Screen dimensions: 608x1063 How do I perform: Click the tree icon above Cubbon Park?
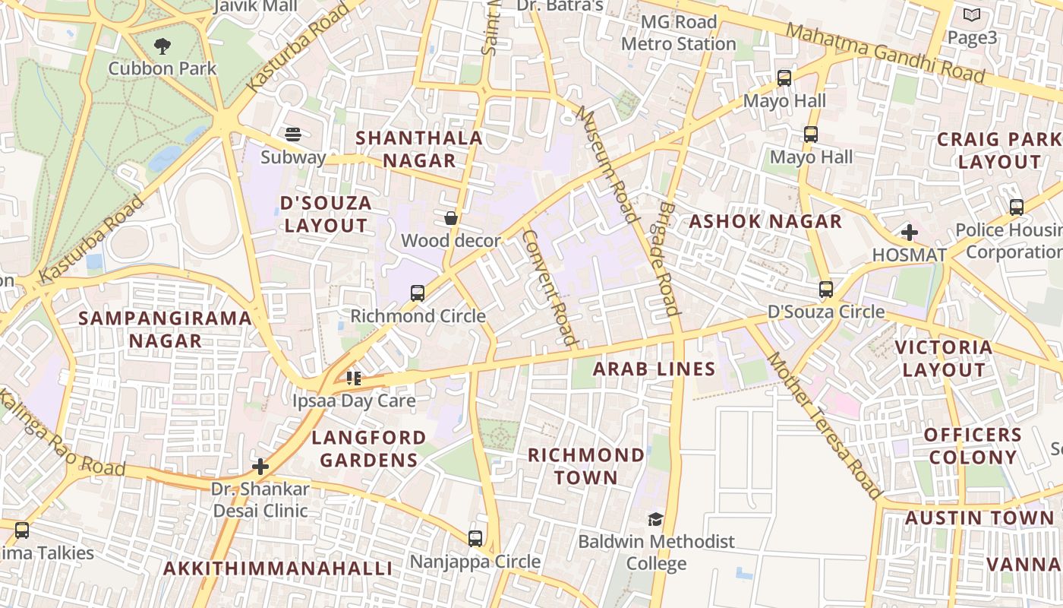point(162,46)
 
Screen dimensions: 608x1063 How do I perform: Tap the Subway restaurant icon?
point(293,135)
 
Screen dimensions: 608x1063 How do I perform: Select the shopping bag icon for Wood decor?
point(451,219)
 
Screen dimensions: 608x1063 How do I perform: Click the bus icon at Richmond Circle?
point(418,293)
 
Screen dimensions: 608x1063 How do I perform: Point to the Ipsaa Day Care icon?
point(353,378)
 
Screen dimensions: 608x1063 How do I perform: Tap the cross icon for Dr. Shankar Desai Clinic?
point(260,466)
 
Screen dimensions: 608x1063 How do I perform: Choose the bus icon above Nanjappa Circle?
point(475,539)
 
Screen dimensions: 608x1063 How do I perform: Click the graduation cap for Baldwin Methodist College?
point(655,519)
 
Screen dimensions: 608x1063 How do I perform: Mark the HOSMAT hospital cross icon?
point(909,233)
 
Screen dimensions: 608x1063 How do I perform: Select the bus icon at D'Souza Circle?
point(826,290)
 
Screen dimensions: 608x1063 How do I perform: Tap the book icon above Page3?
point(972,15)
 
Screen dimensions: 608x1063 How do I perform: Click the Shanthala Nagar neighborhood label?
point(419,149)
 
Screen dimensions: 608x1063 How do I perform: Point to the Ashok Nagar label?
point(765,222)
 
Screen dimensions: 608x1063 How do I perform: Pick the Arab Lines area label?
point(654,369)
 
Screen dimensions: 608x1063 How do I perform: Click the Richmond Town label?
point(585,466)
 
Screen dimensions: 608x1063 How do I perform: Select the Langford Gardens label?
point(369,448)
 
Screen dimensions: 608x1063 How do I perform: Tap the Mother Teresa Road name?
point(824,426)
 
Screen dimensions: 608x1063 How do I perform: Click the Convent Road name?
point(550,287)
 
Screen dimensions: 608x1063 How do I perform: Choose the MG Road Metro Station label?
point(679,33)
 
